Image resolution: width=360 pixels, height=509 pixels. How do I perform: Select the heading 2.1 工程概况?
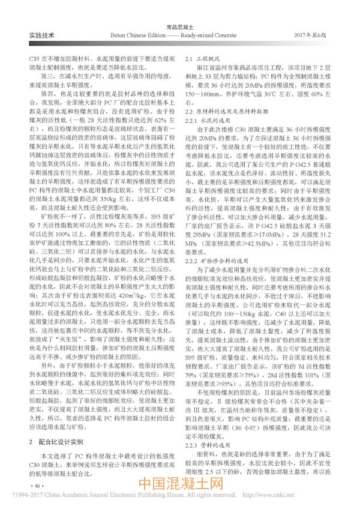point(203,61)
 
